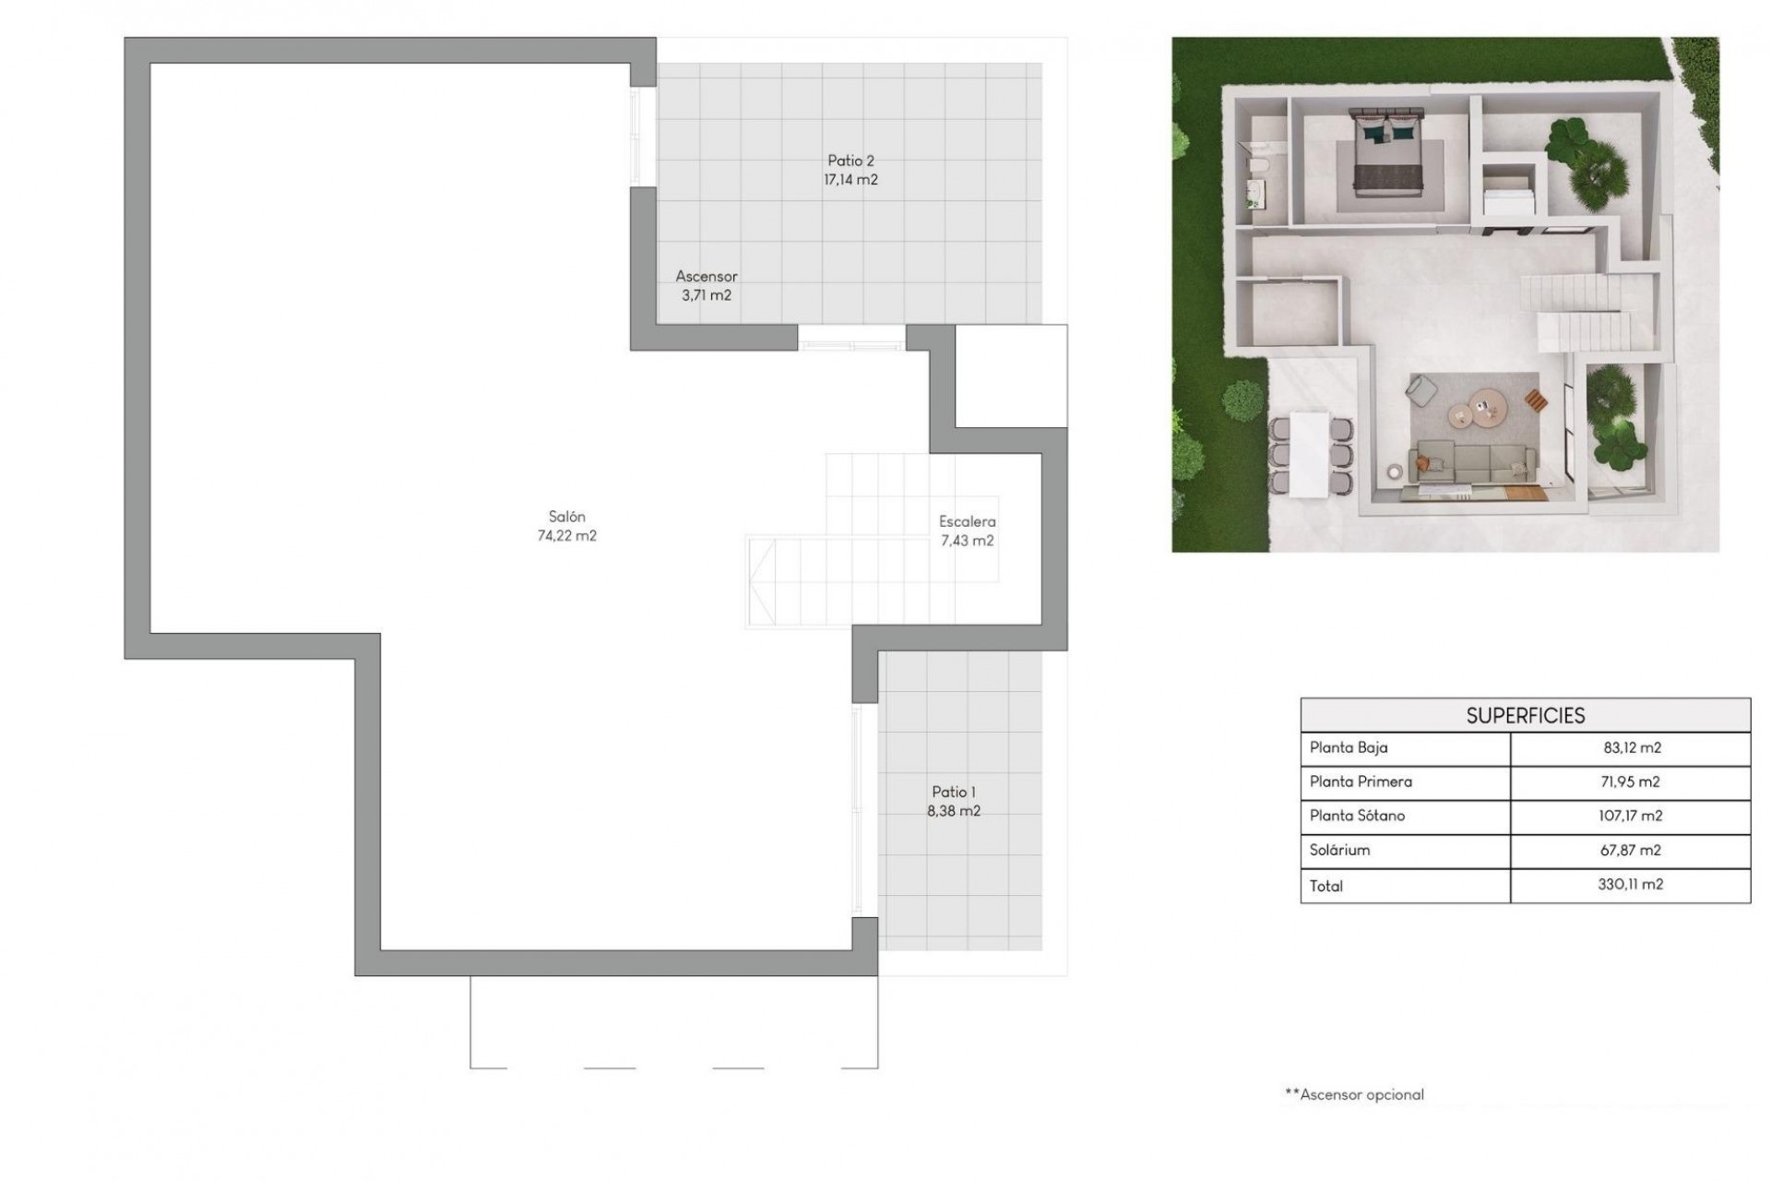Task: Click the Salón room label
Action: (566, 517)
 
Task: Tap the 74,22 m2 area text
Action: (566, 536)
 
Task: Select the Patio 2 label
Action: (850, 161)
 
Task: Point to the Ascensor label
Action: (707, 276)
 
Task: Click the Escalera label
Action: (967, 521)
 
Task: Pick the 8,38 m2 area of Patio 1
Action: (954, 811)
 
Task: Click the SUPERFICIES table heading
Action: (1525, 715)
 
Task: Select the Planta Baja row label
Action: (1349, 747)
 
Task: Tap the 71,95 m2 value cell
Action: (1630, 781)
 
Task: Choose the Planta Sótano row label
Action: (1357, 816)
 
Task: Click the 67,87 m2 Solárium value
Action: (1630, 850)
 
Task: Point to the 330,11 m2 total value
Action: (1630, 884)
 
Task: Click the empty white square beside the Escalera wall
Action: (1011, 376)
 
